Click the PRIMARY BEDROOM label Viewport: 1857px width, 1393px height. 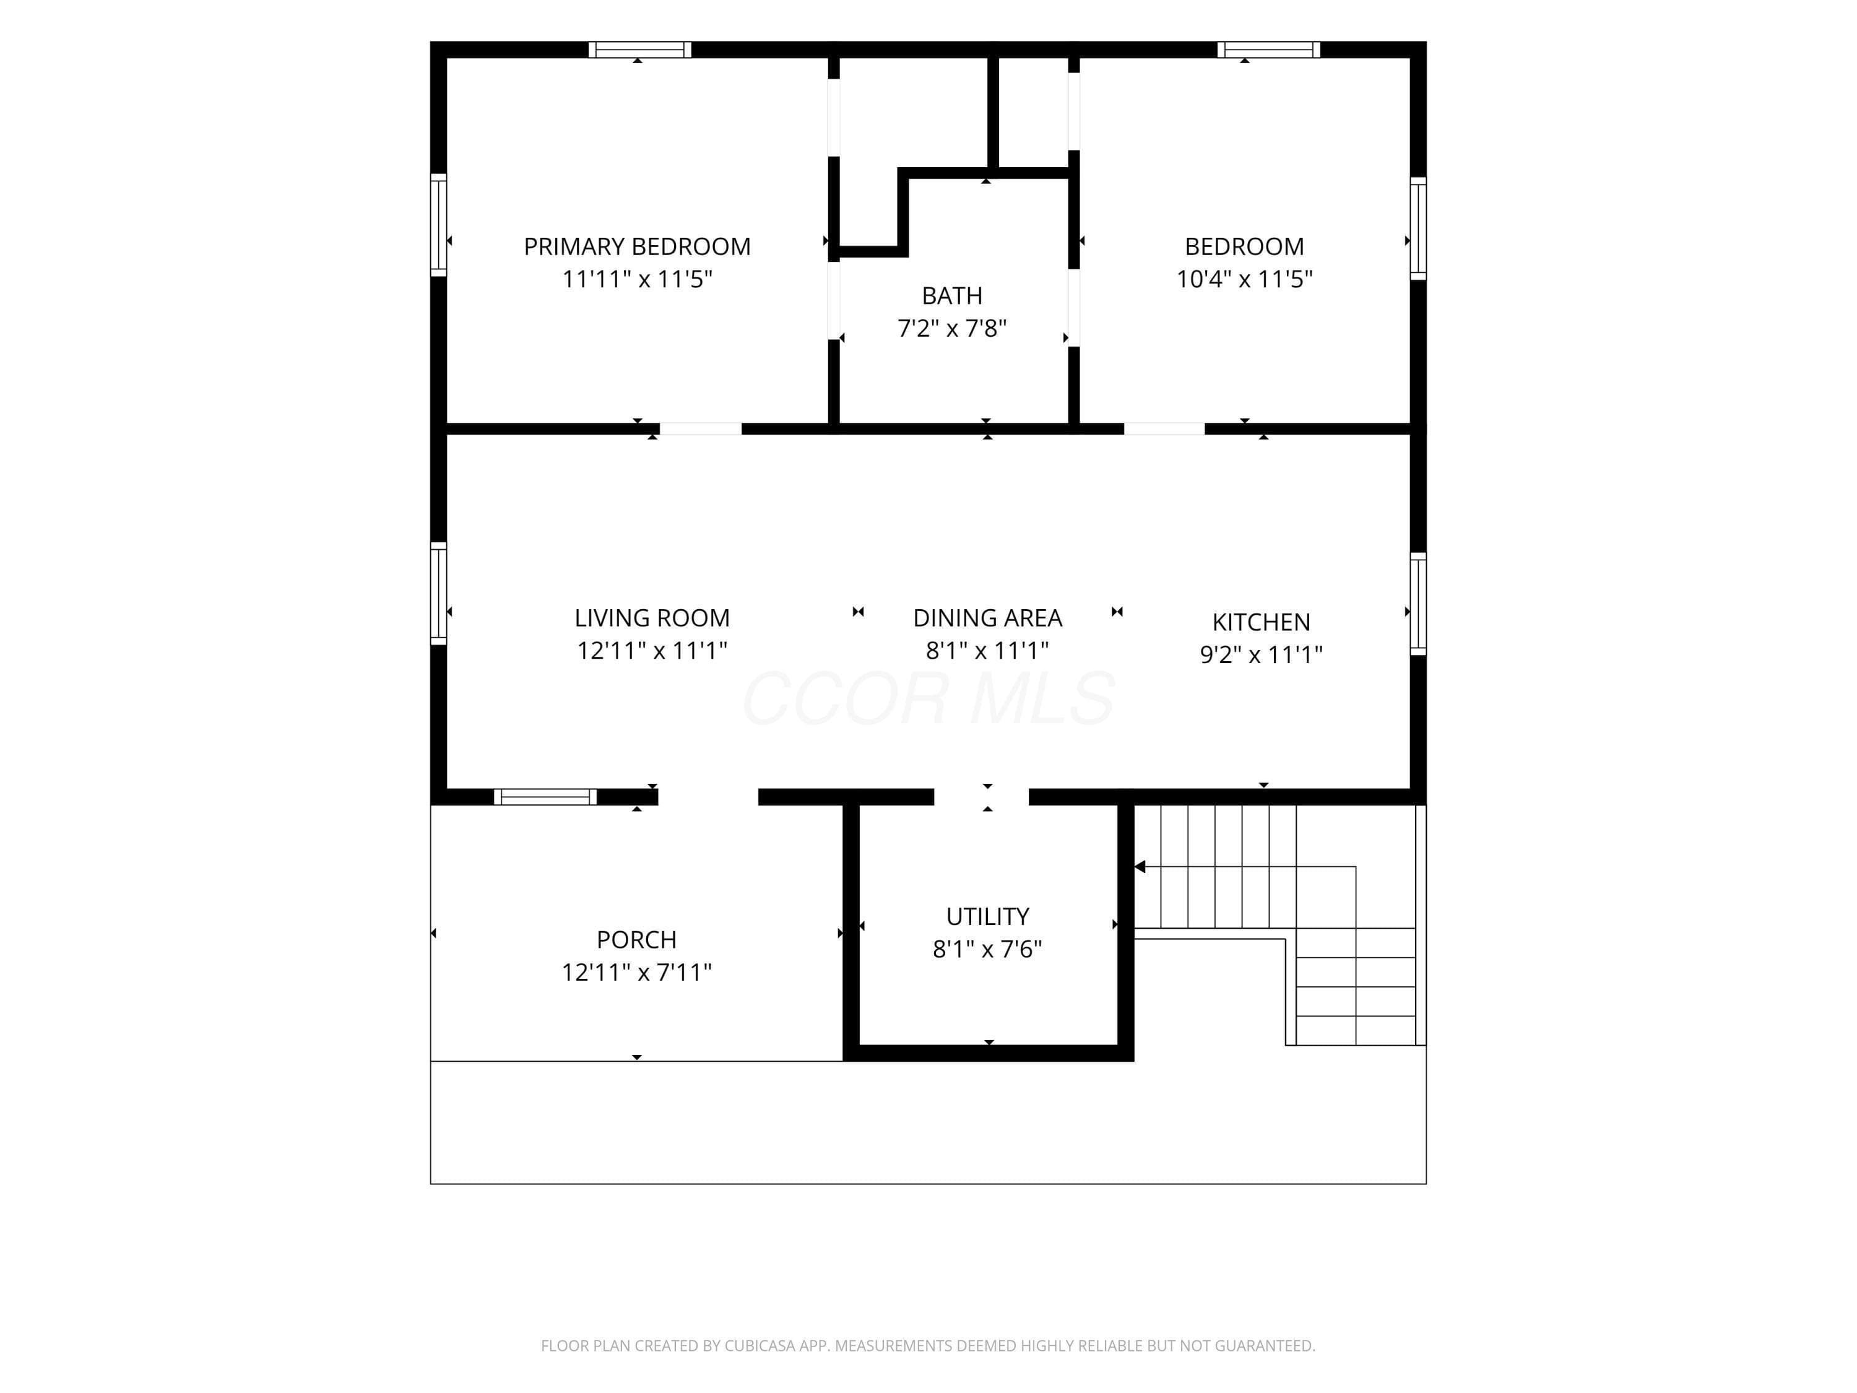coord(637,247)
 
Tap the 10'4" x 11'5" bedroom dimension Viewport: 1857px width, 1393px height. coord(1244,279)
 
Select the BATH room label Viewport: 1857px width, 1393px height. coord(952,295)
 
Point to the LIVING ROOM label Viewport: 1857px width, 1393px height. coord(652,618)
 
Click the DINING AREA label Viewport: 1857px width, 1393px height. coord(987,618)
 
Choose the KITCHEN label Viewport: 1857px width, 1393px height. coord(1261,622)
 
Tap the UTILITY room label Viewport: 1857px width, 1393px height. coord(987,916)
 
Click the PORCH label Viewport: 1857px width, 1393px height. coord(636,940)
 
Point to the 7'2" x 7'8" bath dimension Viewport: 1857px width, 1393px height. coord(952,328)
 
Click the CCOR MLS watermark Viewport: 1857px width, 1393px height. coord(928,698)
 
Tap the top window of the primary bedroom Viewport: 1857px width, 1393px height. coord(639,50)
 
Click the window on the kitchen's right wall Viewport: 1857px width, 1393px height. coord(1418,604)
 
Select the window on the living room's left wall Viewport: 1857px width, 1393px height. coord(438,594)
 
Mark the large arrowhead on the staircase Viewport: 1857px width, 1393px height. coord(1140,867)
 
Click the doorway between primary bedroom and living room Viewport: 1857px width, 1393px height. coord(701,429)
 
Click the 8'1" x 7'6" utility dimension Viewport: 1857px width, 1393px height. coord(987,949)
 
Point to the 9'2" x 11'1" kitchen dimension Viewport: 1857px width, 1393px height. coord(1261,654)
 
